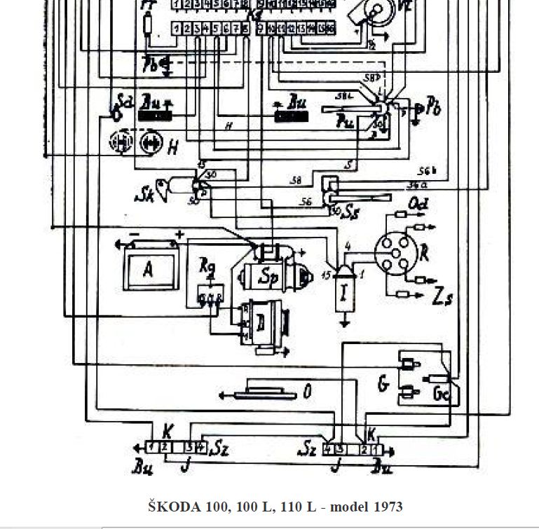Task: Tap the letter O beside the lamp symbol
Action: [306, 391]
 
